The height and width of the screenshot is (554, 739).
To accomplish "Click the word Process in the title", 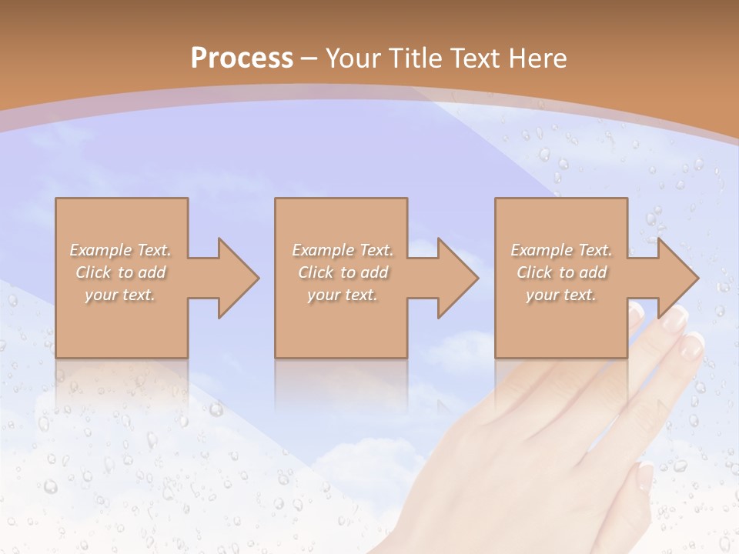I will pos(242,58).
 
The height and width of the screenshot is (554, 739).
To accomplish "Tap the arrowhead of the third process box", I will pos(677,278).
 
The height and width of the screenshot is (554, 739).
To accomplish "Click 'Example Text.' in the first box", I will pos(120,250).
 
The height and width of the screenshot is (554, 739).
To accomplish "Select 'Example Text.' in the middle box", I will pos(342,250).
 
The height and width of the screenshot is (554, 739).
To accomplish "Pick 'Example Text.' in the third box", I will pos(561,250).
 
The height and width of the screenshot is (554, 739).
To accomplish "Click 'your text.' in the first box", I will pos(120,295).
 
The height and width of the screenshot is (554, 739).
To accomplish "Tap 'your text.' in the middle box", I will pos(342,295).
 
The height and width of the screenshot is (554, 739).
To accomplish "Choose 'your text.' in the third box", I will pos(561,295).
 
